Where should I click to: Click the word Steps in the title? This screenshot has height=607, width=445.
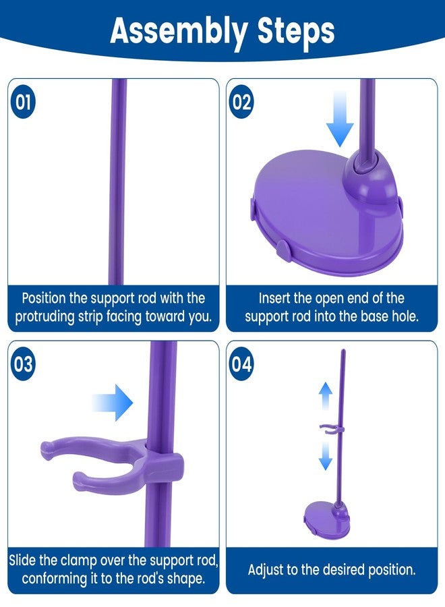pos(296,31)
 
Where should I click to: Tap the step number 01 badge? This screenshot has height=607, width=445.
pos(24,103)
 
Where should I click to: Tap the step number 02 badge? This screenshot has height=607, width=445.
pos(242,103)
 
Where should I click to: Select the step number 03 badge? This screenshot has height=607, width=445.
pos(24,365)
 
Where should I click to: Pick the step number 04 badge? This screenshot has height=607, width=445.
pos(242,365)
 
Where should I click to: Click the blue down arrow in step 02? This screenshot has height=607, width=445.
pos(340,119)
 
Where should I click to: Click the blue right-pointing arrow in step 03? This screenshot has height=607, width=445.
pos(113,403)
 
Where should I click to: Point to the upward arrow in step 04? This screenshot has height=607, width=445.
pos(326,396)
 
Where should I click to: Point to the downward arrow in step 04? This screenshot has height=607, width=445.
pos(326,456)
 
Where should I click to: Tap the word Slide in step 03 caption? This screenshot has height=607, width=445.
pos(22,560)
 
